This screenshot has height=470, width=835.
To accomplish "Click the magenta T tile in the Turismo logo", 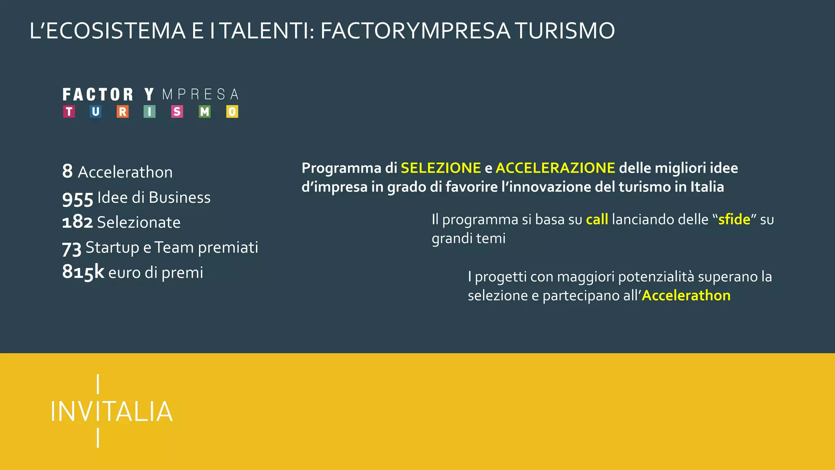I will point(69,111).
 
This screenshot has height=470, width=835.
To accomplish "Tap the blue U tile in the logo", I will point(95,111).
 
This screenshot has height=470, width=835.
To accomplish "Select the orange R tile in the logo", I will point(122,111).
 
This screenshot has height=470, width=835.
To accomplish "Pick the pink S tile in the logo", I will point(177,111).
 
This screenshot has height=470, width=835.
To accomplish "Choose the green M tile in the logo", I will point(205,111).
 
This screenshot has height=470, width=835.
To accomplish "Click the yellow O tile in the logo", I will point(232,111).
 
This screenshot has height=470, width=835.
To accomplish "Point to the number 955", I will point(78,199).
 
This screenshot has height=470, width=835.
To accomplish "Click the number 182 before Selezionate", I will point(77,222).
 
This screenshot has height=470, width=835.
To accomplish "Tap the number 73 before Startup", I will point(72,248).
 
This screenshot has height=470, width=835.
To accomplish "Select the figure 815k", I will point(83,272).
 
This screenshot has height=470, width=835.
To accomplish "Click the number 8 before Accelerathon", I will point(67,171).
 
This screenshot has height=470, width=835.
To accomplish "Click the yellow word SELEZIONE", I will point(441,168).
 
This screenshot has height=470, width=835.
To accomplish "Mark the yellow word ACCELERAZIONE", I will point(555,168).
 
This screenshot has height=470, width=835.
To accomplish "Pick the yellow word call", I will point(597,219).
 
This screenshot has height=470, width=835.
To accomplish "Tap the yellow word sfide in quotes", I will point(734,219).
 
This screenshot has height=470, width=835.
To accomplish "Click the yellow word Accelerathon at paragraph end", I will point(686,295).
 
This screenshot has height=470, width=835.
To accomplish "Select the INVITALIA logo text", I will point(112,411).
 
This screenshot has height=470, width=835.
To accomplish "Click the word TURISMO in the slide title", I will point(565,31).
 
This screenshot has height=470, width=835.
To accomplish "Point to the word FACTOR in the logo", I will point(98,95).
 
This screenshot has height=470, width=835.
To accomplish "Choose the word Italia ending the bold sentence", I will point(707,187).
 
